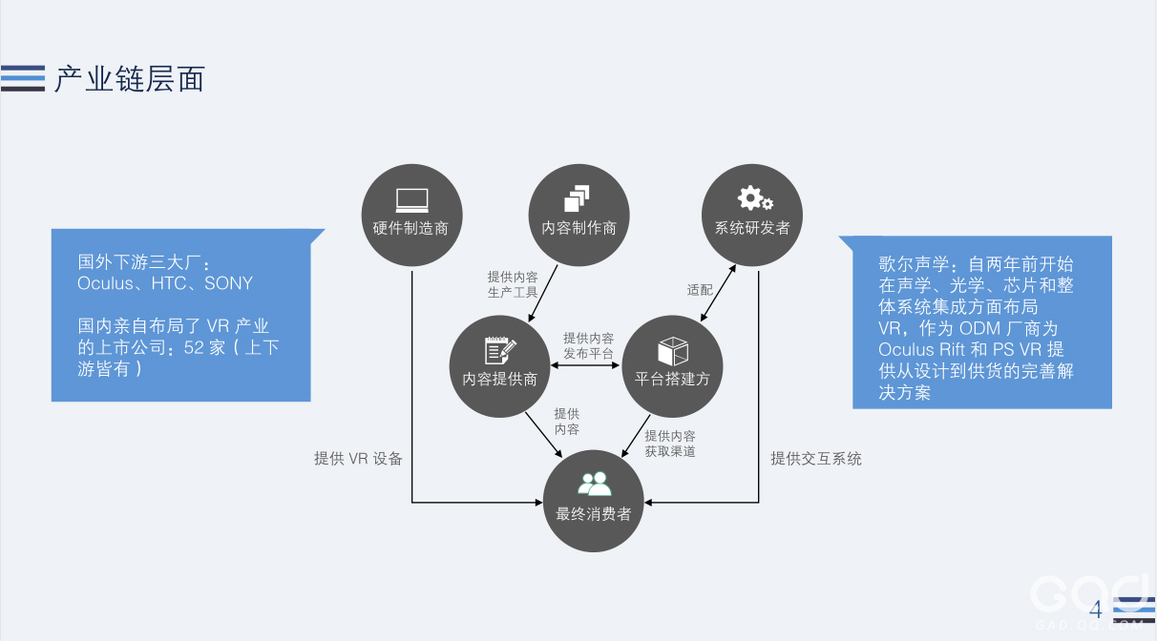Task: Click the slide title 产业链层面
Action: (x=129, y=78)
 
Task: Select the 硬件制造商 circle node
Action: (x=410, y=214)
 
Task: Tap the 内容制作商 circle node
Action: (x=578, y=214)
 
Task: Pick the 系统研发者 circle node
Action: (x=752, y=214)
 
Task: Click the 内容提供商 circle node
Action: (x=499, y=365)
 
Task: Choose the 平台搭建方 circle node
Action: (x=673, y=365)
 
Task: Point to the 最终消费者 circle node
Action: (x=594, y=501)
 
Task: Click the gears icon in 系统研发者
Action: (x=754, y=198)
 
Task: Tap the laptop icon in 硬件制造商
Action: (x=411, y=200)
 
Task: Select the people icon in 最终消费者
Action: (x=594, y=484)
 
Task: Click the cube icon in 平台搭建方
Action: (x=673, y=350)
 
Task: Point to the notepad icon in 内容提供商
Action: (x=500, y=350)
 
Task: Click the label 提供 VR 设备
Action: (x=359, y=459)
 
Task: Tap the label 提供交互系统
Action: (x=816, y=459)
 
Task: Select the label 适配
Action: (x=700, y=289)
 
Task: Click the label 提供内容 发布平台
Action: (x=588, y=345)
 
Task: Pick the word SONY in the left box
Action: (x=229, y=283)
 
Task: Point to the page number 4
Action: (x=1095, y=610)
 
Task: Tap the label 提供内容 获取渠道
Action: (x=670, y=444)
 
